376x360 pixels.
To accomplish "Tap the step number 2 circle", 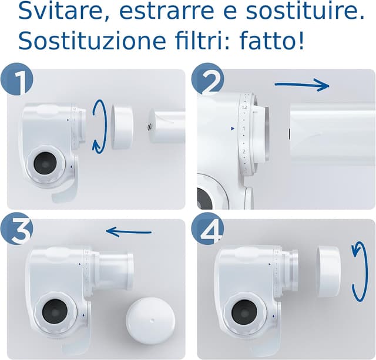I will pyautogui.click(x=207, y=80).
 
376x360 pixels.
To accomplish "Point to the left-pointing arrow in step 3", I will pyautogui.click(x=129, y=232).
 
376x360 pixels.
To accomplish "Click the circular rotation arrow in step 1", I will pyautogui.click(x=99, y=126).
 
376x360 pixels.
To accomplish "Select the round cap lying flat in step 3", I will pyautogui.click(x=151, y=318).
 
